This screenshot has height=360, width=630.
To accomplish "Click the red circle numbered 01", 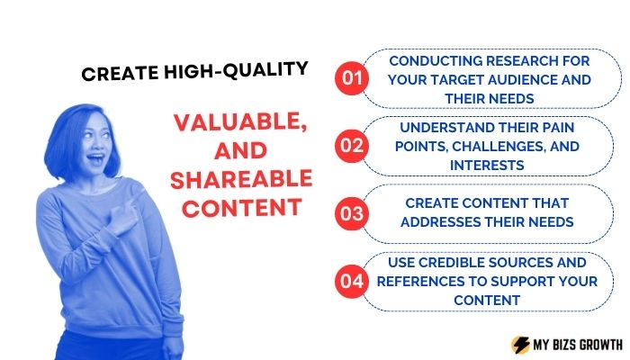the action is point(352,78).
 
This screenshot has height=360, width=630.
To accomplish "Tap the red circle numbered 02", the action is point(352,146).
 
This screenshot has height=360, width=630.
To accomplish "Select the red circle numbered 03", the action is point(352,213).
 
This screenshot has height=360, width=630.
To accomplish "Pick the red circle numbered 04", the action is point(352,281).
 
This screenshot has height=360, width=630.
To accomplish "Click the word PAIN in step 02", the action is point(559,128).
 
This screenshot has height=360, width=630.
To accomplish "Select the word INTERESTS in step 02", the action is point(487,165).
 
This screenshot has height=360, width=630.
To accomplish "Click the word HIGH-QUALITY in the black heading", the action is point(236,71).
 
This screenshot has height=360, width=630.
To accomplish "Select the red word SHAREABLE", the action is point(241,180).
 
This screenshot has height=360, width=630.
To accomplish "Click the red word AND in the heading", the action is point(240,151).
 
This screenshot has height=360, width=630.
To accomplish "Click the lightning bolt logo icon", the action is point(520,345).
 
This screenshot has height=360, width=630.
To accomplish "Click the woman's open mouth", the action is point(95,158).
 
